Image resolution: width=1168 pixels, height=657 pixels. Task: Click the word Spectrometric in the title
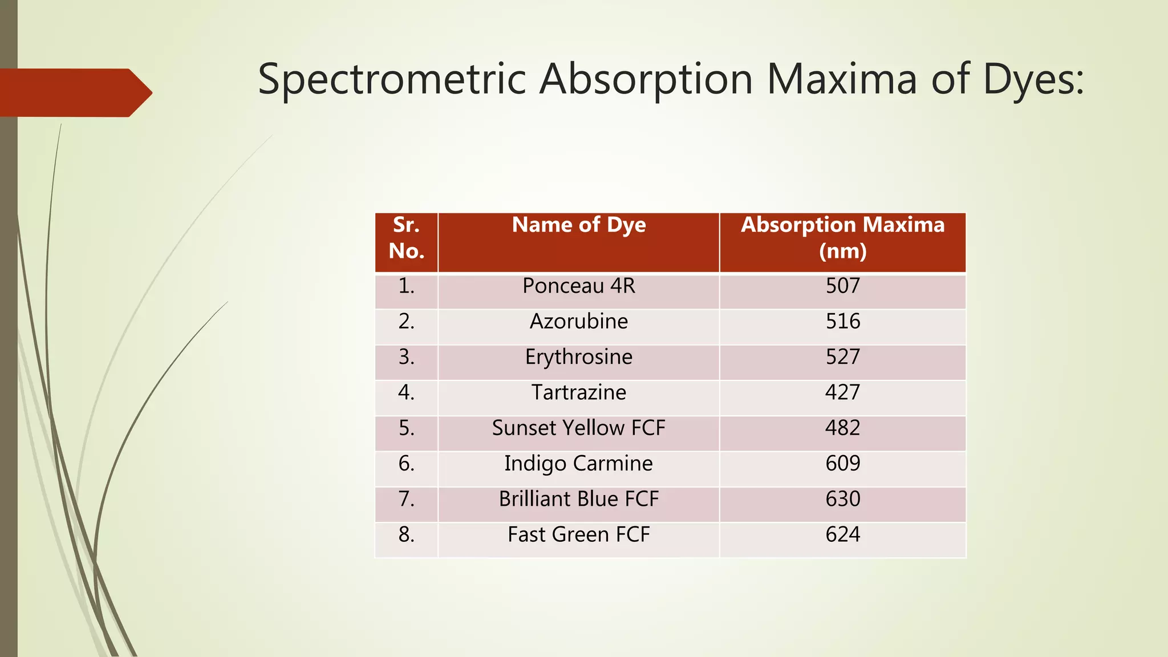point(391,80)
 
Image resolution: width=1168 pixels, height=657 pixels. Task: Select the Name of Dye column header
point(578,225)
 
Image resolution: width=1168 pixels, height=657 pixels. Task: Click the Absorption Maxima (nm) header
point(842,238)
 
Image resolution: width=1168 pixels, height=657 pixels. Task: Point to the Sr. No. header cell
point(406,238)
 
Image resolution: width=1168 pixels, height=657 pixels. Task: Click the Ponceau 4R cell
point(578,286)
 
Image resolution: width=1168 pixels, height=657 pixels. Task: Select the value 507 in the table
point(842,286)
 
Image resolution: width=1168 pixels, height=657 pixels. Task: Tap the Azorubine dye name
point(578,322)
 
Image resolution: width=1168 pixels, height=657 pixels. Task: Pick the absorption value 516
point(842,322)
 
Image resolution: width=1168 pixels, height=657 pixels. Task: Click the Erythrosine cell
point(578,357)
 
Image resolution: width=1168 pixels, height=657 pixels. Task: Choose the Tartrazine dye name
point(578,392)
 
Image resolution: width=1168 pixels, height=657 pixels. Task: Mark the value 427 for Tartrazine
point(842,392)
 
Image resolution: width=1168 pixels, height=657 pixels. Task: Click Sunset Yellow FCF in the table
point(578,428)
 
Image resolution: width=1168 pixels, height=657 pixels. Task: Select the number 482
point(842,428)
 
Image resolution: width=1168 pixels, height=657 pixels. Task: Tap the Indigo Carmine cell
point(578,464)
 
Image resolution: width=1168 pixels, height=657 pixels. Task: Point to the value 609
point(842,464)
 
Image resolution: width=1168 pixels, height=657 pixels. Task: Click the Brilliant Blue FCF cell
point(578,499)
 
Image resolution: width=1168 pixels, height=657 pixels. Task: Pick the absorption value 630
point(842,499)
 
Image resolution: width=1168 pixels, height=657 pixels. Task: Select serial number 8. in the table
point(406,535)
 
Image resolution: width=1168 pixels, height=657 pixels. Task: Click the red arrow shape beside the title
point(74,92)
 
